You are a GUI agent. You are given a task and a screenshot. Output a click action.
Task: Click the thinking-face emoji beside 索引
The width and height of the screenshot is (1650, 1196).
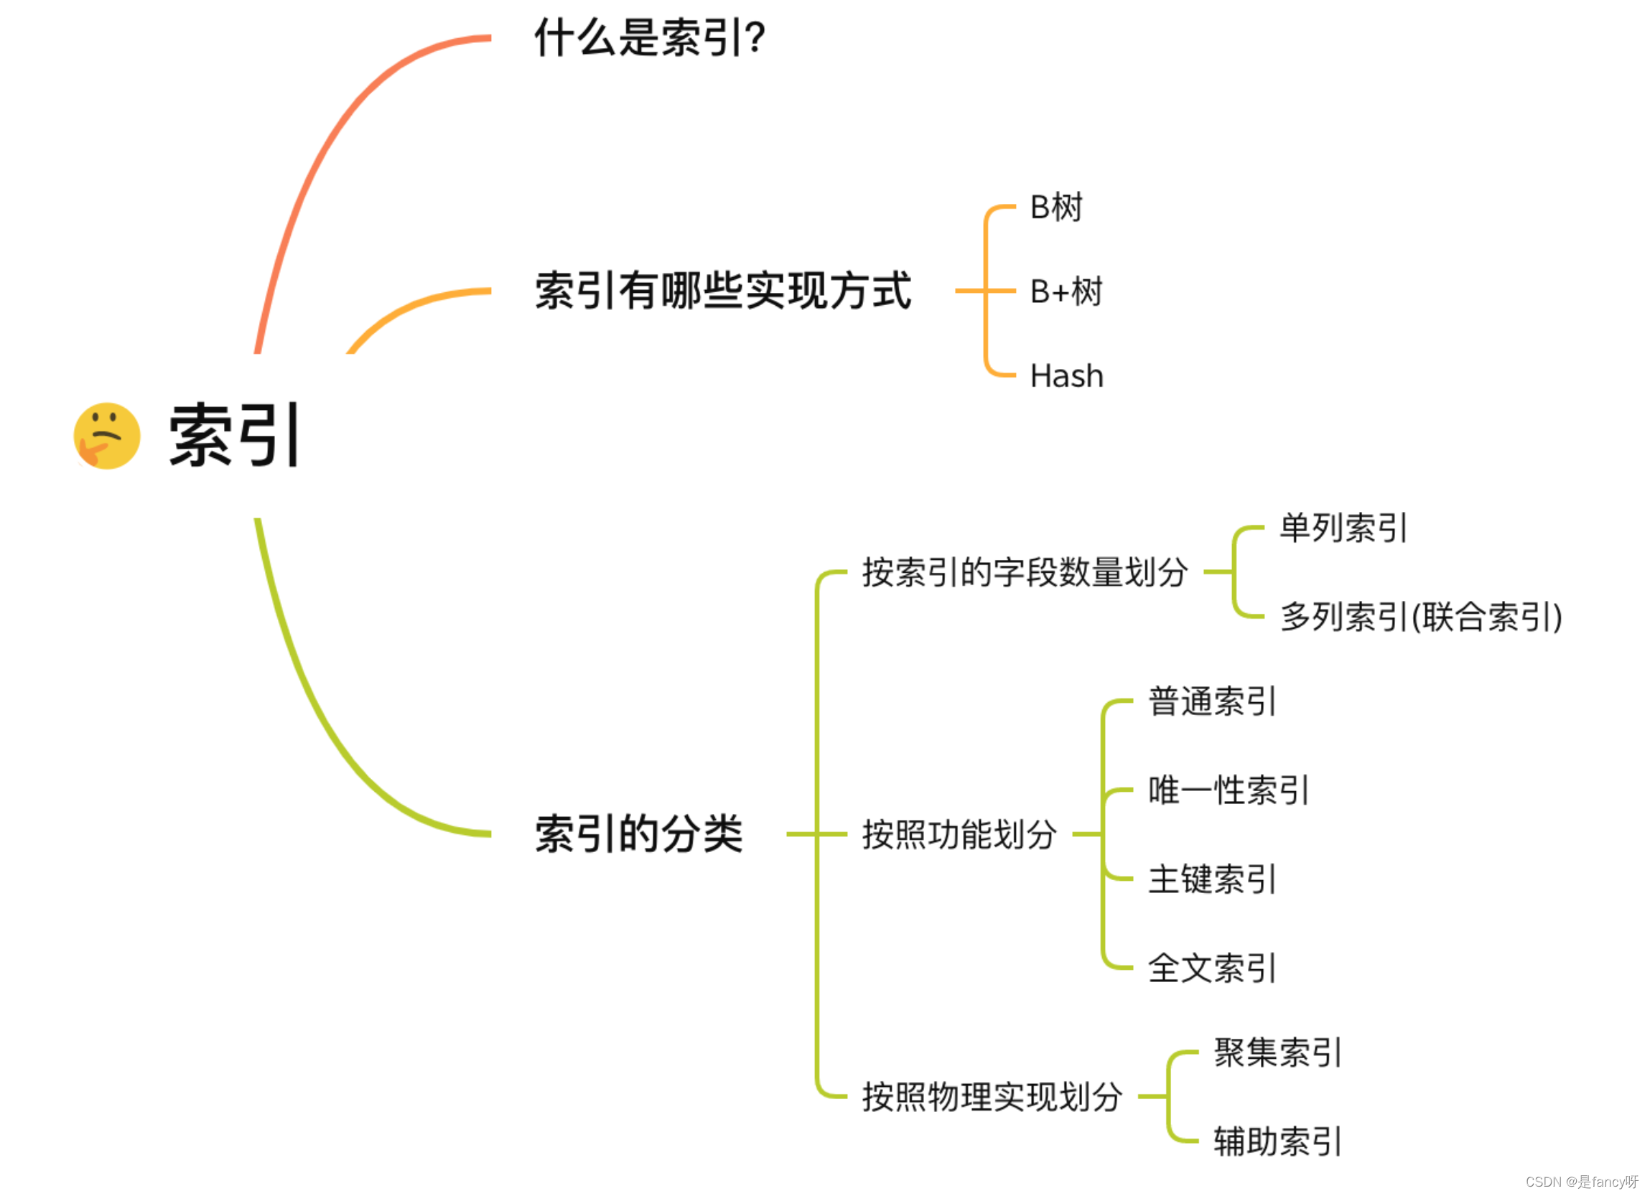click(107, 436)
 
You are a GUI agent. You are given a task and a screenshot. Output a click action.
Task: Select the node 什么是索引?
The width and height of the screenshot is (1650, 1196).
click(649, 38)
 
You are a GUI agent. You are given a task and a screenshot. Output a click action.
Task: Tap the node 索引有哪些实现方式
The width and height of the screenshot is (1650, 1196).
click(722, 291)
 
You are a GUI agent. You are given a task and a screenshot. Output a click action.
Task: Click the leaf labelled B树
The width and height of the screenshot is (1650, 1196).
click(1056, 207)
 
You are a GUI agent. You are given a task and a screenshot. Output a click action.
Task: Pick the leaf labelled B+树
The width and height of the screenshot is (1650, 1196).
click(1066, 291)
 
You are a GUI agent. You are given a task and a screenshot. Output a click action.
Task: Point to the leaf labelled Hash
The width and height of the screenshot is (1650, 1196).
click(1066, 376)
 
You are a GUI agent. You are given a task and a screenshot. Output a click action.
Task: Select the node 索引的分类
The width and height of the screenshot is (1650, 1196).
click(639, 833)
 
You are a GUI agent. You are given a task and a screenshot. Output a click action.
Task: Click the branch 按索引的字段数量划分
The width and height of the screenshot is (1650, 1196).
click(1025, 573)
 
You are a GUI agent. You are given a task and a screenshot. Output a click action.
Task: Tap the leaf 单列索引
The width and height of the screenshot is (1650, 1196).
click(1343, 528)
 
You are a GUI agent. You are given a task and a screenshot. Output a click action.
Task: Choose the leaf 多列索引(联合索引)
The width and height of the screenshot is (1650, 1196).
click(1421, 617)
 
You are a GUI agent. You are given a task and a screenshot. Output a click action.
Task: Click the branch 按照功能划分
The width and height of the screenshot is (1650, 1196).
click(959, 834)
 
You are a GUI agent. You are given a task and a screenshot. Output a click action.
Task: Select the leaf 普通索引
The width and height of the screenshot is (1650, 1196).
click(1212, 701)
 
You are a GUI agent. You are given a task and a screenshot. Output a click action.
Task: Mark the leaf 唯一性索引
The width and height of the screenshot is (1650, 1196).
click(1229, 790)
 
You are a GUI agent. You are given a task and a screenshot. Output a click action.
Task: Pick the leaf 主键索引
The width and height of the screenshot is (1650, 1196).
click(1212, 879)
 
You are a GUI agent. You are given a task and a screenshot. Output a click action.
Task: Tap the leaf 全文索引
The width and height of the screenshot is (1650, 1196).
click(1212, 968)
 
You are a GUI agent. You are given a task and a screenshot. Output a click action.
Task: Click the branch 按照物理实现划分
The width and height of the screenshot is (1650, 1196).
click(992, 1097)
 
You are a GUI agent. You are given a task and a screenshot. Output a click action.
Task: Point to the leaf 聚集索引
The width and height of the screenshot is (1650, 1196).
click(1277, 1052)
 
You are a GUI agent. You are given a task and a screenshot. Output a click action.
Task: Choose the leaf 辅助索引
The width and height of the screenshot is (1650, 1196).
click(1277, 1141)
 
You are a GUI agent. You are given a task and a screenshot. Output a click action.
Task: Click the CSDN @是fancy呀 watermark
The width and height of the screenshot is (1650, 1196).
click(1582, 1182)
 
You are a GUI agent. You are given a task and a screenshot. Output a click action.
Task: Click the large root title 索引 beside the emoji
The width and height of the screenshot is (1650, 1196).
click(234, 436)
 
